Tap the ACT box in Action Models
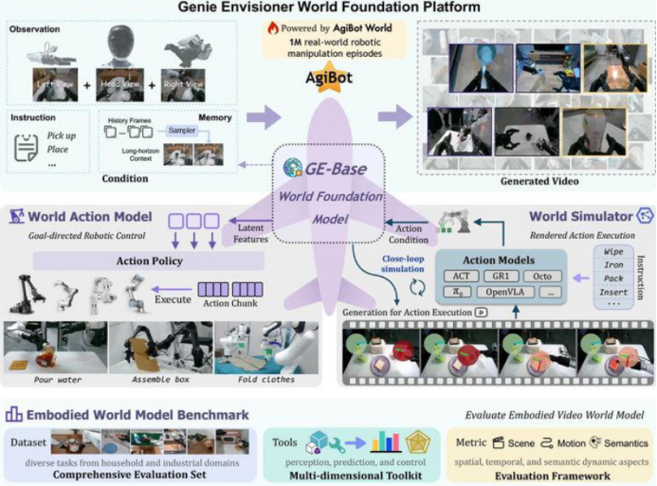[x=460, y=276]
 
